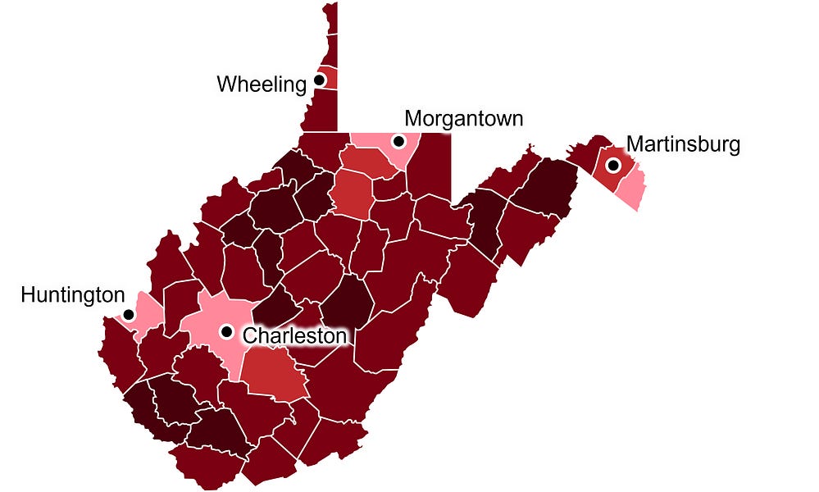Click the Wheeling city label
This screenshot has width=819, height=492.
point(261,84)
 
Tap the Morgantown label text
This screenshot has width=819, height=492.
point(463,118)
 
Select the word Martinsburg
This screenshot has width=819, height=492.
point(683,145)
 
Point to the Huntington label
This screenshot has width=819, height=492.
point(73,294)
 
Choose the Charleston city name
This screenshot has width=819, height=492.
point(294,335)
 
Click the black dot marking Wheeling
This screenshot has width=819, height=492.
point(320,80)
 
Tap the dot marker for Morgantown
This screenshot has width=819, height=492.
point(398,141)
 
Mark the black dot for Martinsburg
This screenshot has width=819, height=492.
point(612,165)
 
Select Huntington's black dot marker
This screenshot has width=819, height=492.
point(129,315)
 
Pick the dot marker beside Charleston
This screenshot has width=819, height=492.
point(226,331)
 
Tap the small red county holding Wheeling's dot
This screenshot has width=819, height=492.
point(329,79)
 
